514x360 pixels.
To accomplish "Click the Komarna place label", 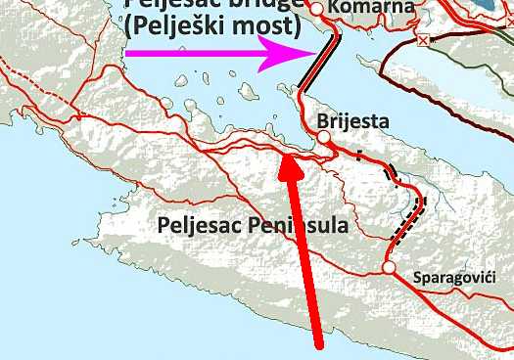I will (361, 8).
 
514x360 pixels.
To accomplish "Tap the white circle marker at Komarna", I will (316, 9).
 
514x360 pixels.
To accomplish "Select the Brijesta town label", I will (353, 121).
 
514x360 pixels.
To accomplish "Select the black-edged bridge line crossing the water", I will (319, 65).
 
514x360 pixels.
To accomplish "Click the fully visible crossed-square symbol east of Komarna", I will (423, 41).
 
